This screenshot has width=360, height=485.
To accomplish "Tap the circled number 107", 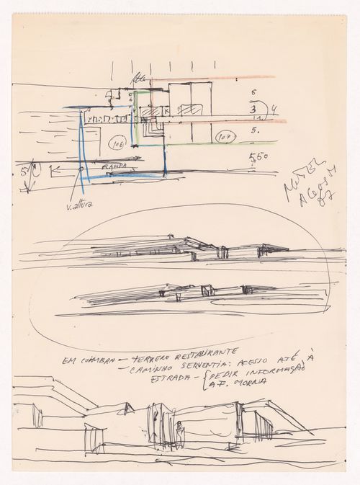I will point(223,135).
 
